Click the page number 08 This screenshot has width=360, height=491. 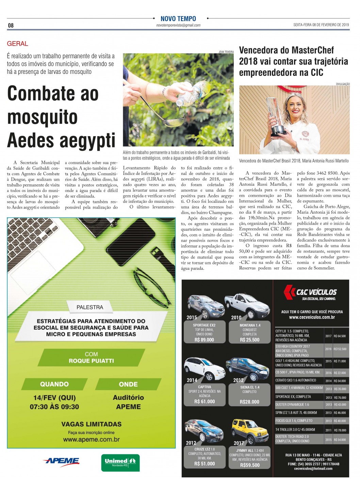(x=11, y=26)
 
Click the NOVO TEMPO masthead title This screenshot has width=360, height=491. (x=178, y=19)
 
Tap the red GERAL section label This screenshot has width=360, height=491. (x=17, y=44)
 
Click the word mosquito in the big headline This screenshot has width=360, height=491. (x=43, y=117)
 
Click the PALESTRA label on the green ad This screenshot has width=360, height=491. (x=90, y=307)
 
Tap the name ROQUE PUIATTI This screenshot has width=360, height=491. (x=91, y=361)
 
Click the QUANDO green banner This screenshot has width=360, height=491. (x=54, y=384)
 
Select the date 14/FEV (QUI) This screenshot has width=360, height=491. (x=54, y=398)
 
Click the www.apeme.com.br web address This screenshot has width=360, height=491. (x=91, y=440)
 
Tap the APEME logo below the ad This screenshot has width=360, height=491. (x=62, y=461)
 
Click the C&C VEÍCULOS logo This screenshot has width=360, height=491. (x=310, y=292)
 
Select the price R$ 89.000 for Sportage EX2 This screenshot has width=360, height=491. (x=204, y=340)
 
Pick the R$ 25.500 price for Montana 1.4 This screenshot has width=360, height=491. (x=249, y=340)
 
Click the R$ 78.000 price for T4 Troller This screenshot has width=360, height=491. (x=340, y=430)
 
